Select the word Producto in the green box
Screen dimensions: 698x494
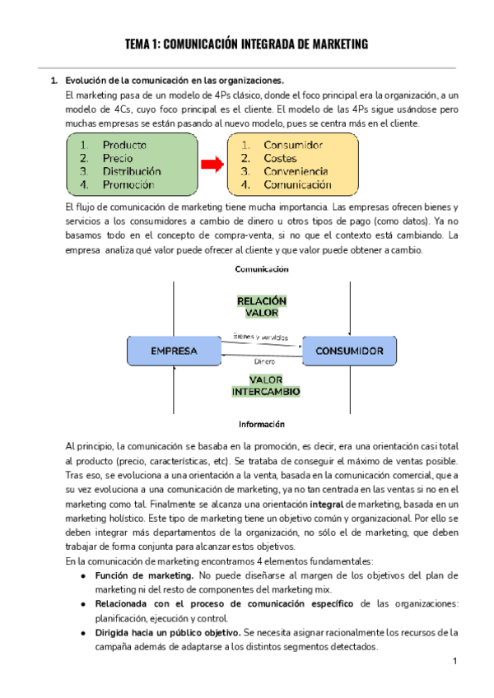pos(125,145)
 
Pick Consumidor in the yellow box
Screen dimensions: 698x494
pos(293,145)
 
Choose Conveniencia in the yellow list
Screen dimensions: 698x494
pos(298,171)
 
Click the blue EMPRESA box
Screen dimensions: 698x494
pos(174,351)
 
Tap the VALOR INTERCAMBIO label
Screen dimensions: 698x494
pos(265,385)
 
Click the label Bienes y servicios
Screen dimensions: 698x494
pos(260,336)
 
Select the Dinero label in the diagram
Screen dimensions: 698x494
pos(263,361)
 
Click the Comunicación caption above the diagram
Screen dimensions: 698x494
pos(262,269)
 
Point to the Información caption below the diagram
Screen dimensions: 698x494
pos(262,424)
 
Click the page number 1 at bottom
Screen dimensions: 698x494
pos(454,662)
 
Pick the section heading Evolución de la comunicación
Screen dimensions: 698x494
pos(173,81)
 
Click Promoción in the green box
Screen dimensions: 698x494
pos(128,184)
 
